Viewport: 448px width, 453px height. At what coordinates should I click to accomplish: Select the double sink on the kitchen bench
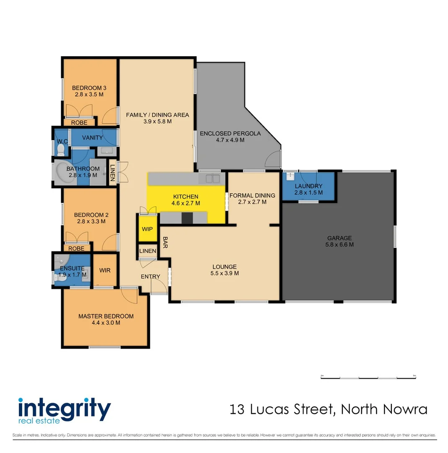tap(212, 179)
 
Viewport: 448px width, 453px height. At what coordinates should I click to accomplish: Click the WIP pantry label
tap(147, 229)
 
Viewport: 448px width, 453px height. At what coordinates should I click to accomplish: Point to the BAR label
tap(166, 242)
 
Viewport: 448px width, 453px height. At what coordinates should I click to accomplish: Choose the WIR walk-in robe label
tap(105, 270)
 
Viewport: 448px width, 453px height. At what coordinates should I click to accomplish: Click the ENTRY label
tap(150, 276)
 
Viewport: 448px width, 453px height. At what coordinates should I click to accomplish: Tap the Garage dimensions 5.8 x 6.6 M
tap(340, 244)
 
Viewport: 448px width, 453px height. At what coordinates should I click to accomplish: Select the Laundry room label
tap(308, 186)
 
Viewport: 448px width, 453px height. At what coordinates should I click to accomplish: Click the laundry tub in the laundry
tap(290, 177)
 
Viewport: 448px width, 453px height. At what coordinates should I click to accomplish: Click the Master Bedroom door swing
tap(129, 296)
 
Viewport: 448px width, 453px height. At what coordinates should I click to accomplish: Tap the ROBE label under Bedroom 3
tap(79, 123)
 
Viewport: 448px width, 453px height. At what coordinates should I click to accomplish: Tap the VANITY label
tap(93, 138)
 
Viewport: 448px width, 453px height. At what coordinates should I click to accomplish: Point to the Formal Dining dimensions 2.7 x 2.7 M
tap(252, 202)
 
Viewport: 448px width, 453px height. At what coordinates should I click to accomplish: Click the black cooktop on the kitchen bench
tap(187, 217)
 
